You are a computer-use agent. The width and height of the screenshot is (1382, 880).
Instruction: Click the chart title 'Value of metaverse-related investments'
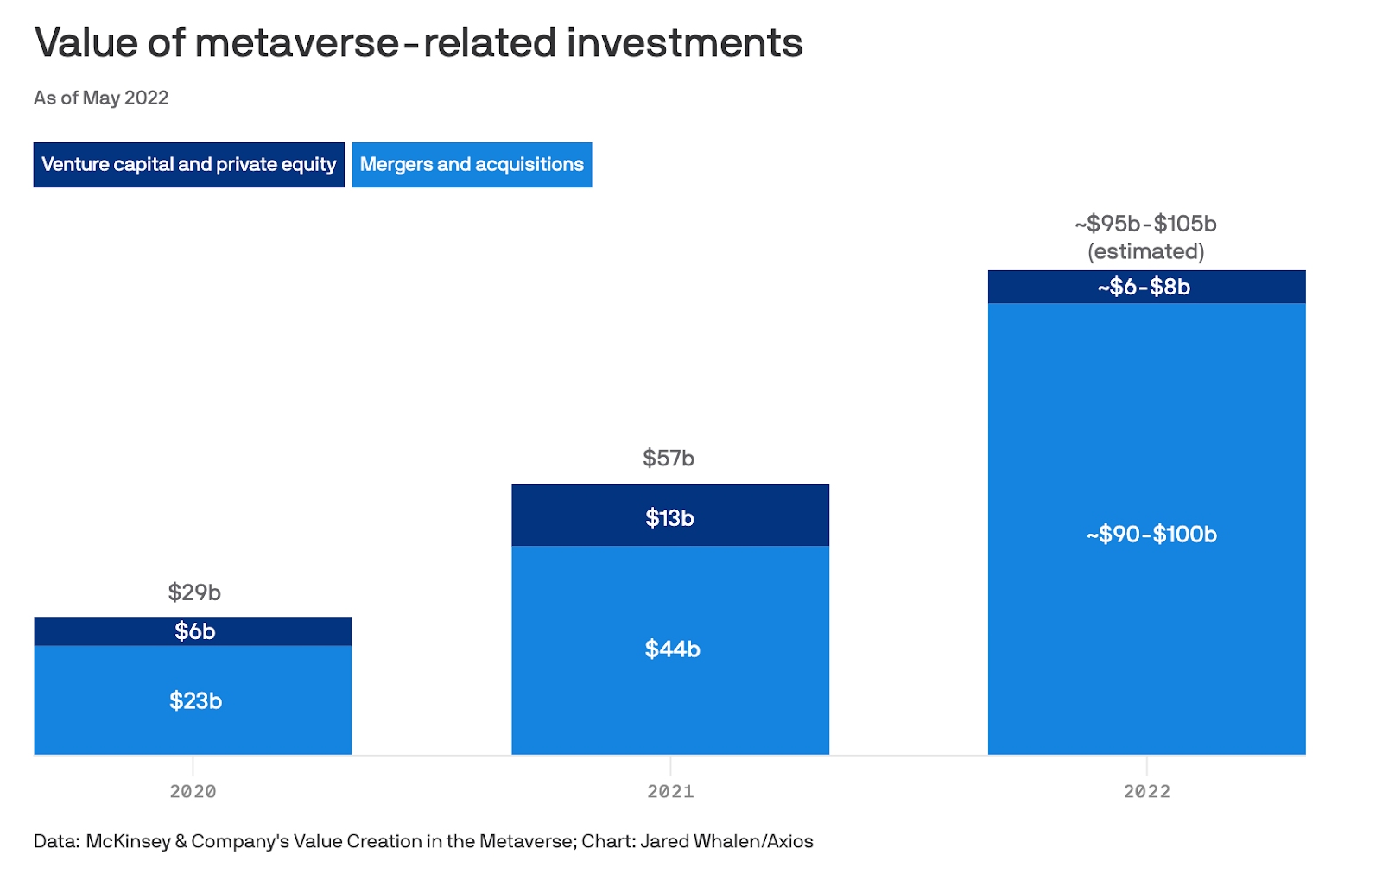418,43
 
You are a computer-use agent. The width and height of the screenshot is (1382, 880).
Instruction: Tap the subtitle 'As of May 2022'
101,98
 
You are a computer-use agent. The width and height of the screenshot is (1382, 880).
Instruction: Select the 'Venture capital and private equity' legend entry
188,165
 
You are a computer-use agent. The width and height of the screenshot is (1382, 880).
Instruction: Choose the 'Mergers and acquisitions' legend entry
472,165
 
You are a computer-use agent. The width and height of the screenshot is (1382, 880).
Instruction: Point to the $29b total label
194,592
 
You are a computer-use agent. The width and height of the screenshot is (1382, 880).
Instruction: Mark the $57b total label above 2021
669,459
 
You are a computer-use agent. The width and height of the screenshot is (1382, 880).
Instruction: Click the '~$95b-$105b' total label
1145,224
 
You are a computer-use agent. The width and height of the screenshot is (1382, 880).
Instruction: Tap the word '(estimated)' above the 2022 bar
1145,251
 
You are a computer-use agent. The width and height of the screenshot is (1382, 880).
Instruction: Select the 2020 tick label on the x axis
193,791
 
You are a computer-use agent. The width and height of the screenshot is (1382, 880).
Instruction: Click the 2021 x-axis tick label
670,791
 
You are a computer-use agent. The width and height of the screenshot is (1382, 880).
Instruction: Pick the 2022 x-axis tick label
1146,791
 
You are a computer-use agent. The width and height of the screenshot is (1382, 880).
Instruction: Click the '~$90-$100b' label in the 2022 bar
1151,535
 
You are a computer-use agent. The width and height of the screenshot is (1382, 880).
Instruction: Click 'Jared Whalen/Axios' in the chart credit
726,841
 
